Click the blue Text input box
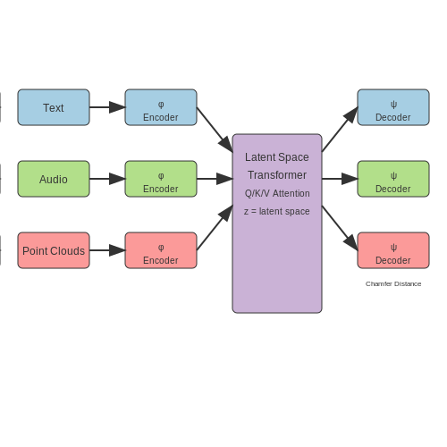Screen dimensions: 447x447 pyautogui.click(x=54, y=107)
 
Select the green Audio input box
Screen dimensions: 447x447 pyautogui.click(x=54, y=179)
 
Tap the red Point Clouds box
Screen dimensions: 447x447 pyautogui.click(x=54, y=250)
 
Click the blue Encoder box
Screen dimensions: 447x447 pyautogui.click(x=161, y=107)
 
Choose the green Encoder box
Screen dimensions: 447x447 pyautogui.click(x=161, y=179)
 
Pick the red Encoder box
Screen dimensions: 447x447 pyautogui.click(x=161, y=250)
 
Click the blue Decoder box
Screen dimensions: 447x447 pyautogui.click(x=393, y=107)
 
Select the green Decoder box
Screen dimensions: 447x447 pyautogui.click(x=393, y=179)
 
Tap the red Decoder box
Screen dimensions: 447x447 pyautogui.click(x=393, y=250)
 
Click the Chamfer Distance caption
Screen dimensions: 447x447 pyautogui.click(x=393, y=283)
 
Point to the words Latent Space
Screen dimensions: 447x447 pyautogui.click(x=277, y=157)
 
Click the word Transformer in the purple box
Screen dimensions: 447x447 pyautogui.click(x=277, y=175)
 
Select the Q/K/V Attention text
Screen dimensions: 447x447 pyautogui.click(x=277, y=193)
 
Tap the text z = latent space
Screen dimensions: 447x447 pyautogui.click(x=277, y=211)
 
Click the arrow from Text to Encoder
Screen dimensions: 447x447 pyautogui.click(x=107, y=107)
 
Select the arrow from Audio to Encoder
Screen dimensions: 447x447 pyautogui.click(x=107, y=179)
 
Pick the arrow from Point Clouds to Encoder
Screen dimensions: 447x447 pyautogui.click(x=107, y=250)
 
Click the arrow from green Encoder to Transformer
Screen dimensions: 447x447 pyautogui.click(x=215, y=179)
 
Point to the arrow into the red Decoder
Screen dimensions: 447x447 pyautogui.click(x=340, y=228)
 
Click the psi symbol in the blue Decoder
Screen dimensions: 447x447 pyautogui.click(x=393, y=105)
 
